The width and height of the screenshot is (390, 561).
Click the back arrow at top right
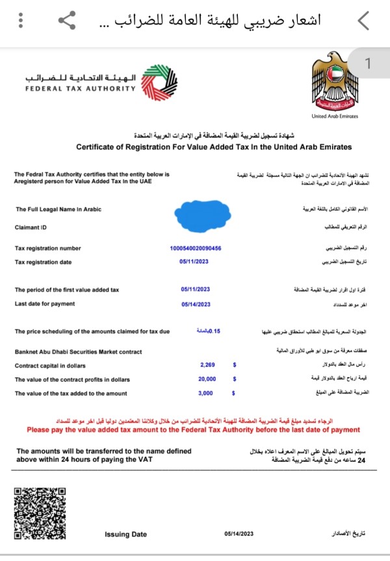click(x=364, y=21)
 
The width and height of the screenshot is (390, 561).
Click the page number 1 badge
click(x=369, y=64)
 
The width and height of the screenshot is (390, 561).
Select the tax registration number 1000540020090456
click(x=195, y=248)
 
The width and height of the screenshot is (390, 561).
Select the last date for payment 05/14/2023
click(x=195, y=304)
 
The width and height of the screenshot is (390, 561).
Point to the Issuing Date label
click(x=125, y=534)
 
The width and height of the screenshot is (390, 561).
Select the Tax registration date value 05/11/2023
click(x=195, y=262)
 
